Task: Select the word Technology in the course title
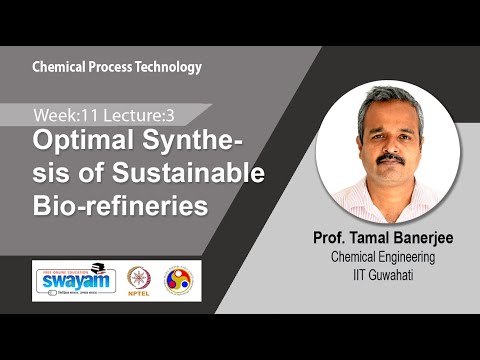170,67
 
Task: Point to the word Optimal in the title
77,141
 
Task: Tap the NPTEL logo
138,278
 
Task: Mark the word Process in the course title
112,67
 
